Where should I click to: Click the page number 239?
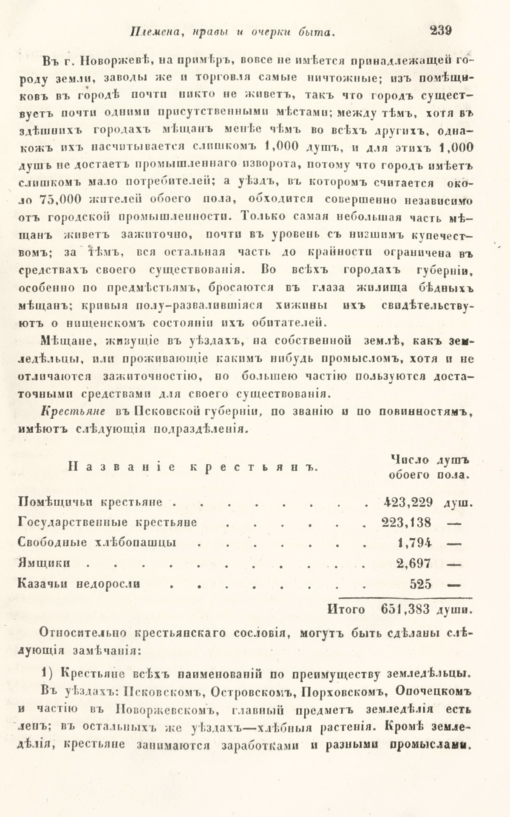point(440,31)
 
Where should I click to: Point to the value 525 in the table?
point(421,584)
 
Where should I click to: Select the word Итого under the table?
point(346,610)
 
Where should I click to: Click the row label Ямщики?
point(44,563)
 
